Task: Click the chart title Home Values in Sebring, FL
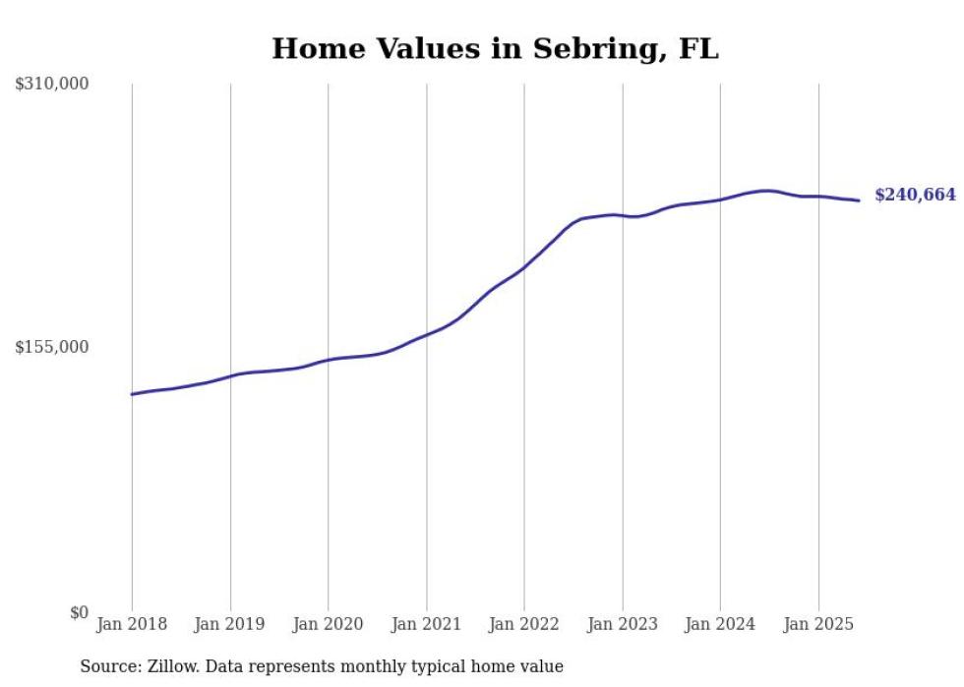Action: [495, 48]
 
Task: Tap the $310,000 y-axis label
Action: [52, 85]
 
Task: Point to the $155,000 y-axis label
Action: [52, 347]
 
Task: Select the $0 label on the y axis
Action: [79, 612]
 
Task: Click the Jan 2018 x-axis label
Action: [132, 624]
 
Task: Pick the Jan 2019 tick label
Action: [229, 624]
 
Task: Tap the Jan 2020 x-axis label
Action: [328, 624]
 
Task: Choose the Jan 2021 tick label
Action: [426, 624]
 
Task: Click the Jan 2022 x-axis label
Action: [523, 624]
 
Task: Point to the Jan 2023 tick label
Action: [622, 624]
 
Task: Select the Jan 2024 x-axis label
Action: [720, 624]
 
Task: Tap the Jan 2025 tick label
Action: [817, 624]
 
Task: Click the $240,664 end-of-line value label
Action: [915, 196]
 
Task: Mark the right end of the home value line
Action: [859, 200]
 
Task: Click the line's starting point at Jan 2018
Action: [132, 394]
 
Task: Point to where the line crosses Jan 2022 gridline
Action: [524, 267]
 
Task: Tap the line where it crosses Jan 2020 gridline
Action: [328, 360]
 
